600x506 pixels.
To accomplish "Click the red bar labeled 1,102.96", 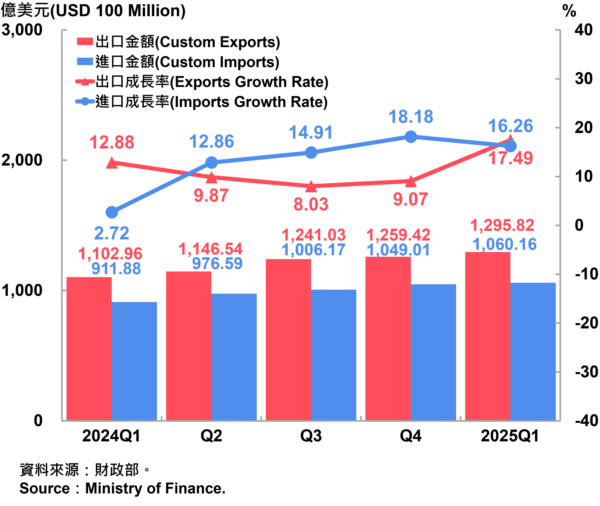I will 89,348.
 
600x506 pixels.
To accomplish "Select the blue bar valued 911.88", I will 134,361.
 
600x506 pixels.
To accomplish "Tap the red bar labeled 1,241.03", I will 288,340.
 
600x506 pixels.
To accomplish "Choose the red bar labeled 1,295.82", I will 488,336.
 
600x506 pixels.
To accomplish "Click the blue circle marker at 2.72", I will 112,212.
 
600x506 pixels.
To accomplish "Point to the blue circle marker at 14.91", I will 311,152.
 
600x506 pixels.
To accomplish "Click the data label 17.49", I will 510,158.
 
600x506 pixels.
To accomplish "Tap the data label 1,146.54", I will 210,249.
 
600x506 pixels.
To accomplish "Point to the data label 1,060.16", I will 504,244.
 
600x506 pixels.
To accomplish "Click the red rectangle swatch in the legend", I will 85,41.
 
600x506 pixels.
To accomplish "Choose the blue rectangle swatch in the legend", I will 85,61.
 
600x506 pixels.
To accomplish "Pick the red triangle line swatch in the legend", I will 85,82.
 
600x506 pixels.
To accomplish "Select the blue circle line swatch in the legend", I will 85,101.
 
